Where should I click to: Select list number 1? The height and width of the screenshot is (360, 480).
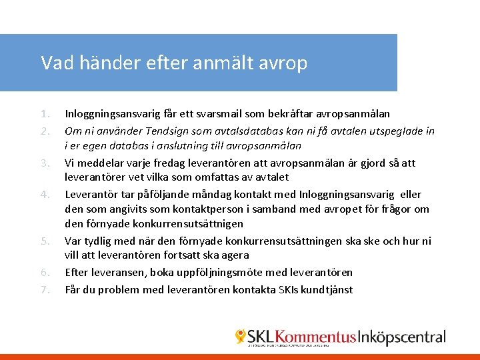coord(44,114)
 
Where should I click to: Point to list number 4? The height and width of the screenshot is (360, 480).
coord(44,195)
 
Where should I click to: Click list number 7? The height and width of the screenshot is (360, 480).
coord(44,290)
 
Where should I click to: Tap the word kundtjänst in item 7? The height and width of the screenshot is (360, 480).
coord(326,290)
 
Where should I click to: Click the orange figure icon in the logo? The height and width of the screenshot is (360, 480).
coord(241,337)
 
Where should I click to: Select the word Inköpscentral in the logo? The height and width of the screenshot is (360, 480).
coord(402,337)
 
